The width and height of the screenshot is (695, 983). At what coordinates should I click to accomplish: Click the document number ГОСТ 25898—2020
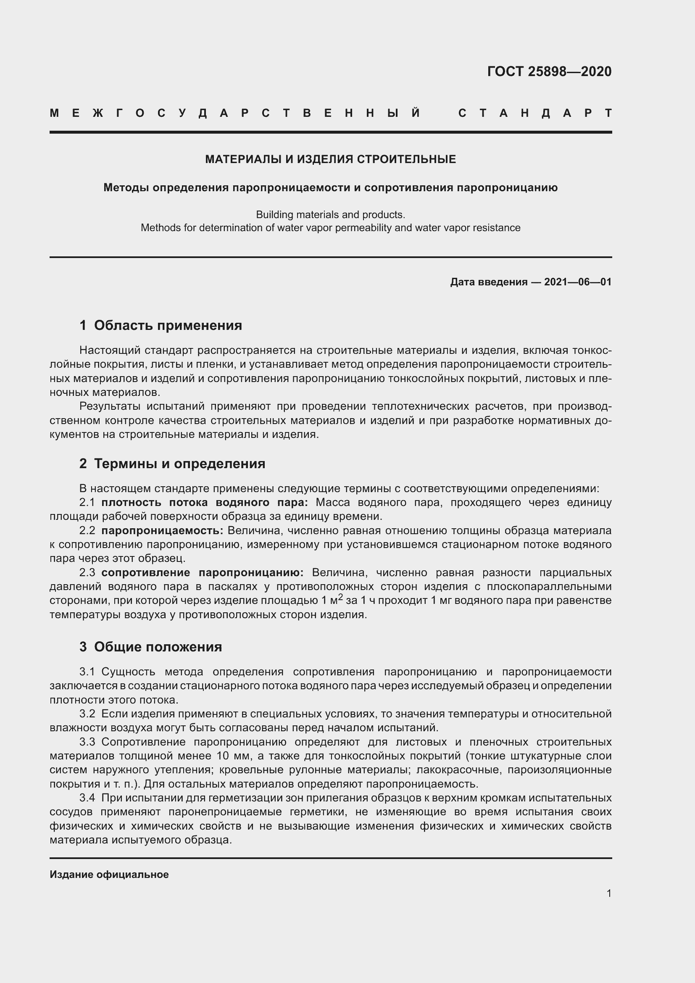[x=549, y=71]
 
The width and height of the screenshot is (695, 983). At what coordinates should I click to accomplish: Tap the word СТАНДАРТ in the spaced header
[x=535, y=113]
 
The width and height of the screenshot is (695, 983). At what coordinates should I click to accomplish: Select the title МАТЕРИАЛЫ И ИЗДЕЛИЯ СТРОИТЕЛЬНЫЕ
[x=330, y=159]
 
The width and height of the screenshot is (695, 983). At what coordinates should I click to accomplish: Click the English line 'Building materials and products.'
[x=330, y=214]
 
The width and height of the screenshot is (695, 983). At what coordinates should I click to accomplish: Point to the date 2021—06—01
[x=578, y=282]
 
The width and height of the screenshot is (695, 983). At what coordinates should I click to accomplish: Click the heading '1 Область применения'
[x=161, y=325]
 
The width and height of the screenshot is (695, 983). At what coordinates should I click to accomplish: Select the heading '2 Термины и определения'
[x=172, y=464]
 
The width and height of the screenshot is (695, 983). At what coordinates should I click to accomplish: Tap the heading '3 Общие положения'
[x=151, y=646]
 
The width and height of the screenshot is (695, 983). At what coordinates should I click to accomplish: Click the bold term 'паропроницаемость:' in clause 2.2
[x=162, y=530]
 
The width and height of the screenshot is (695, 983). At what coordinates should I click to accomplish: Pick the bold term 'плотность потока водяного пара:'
[x=205, y=502]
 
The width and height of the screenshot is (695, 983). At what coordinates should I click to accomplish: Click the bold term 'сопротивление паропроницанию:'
[x=203, y=572]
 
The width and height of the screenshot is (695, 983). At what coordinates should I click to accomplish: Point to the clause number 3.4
[x=87, y=798]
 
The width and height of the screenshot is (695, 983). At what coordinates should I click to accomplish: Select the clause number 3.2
[x=87, y=714]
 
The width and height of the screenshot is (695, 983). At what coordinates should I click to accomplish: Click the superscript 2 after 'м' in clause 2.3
[x=341, y=596]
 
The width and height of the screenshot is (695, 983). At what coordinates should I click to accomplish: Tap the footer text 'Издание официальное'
[x=109, y=874]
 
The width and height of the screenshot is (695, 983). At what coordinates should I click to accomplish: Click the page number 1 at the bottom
[x=609, y=893]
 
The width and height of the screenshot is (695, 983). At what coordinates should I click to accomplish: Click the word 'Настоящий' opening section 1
[x=110, y=350]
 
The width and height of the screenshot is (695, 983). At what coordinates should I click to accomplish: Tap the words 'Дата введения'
[x=488, y=282]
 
